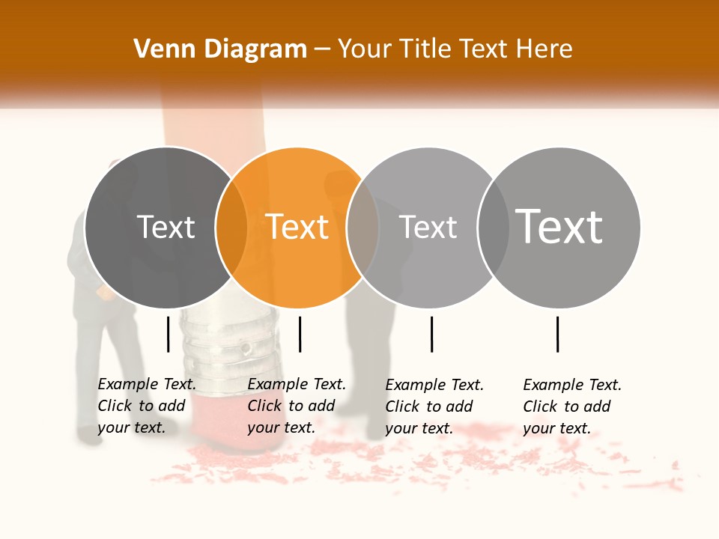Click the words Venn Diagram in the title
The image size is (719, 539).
point(219,49)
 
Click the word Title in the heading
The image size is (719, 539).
point(428,49)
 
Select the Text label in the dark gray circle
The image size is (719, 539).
point(166,228)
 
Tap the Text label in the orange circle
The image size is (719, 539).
point(297,228)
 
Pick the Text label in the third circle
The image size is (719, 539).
point(428,228)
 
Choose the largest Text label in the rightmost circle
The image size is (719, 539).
point(559,228)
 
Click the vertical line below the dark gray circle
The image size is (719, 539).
point(168,334)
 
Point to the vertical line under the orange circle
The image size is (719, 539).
point(300,334)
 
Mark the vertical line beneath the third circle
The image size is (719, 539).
point(431,334)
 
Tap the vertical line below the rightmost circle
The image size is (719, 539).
point(557,334)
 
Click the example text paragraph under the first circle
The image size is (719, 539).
point(147,406)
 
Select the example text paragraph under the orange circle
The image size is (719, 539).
point(297,406)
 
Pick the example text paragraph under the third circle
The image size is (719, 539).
point(434,406)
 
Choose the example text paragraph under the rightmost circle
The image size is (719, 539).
point(572,406)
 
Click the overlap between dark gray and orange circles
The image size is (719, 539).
point(231,228)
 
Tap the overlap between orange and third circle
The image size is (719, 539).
point(363,228)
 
